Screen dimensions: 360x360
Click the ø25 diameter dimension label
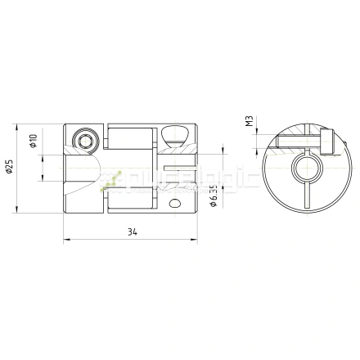tap(9, 169)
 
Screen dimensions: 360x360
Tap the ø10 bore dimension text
tap(34, 142)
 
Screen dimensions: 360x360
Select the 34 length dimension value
tap(132, 232)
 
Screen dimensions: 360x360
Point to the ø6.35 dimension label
tap(214, 196)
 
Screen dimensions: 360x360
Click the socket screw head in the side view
tap(84, 140)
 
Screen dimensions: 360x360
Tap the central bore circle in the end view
tap(303, 170)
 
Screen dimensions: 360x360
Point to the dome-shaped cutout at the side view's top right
tap(173, 133)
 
